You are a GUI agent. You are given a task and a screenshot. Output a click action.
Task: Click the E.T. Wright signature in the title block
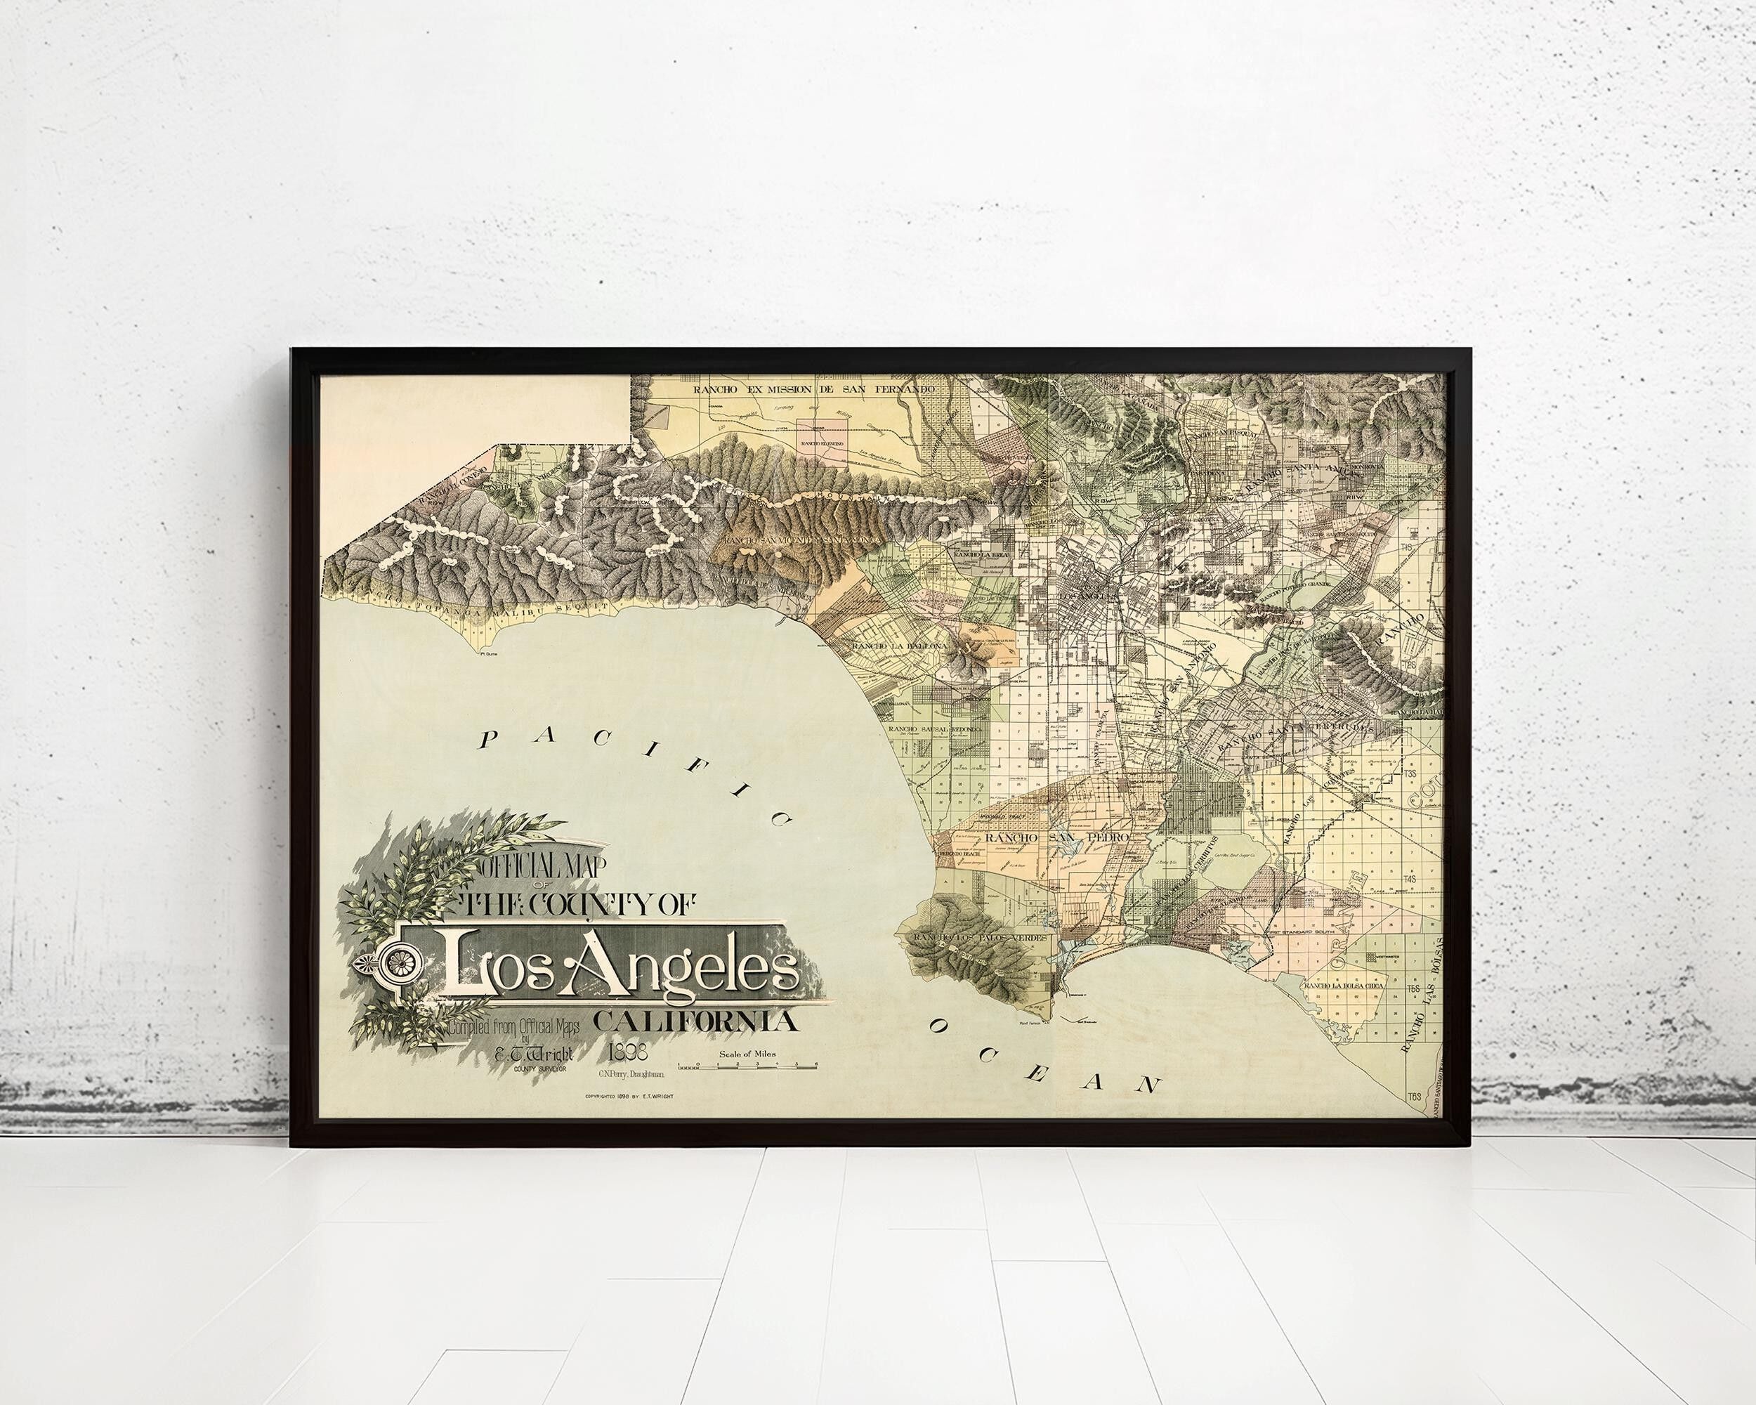tap(532, 1053)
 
